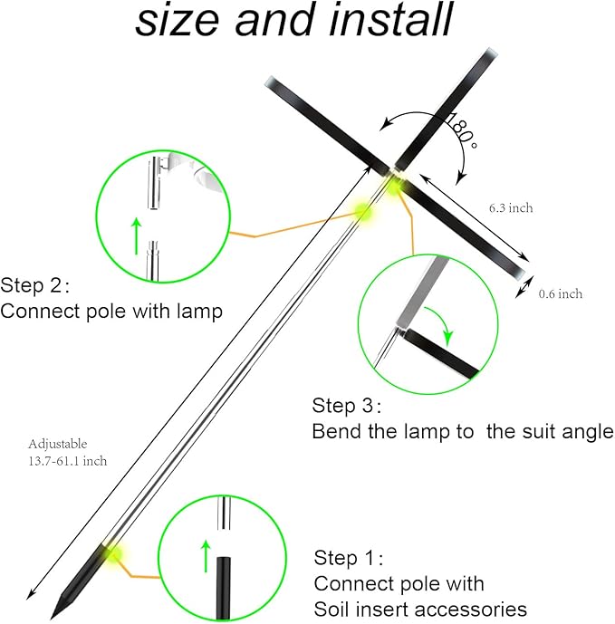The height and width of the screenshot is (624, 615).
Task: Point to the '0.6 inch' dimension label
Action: click(561, 293)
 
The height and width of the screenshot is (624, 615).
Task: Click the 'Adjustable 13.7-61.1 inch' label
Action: click(67, 452)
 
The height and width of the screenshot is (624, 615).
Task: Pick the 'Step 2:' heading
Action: click(34, 286)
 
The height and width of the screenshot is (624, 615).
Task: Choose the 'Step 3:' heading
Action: click(347, 405)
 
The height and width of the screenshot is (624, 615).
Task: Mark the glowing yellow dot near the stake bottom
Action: click(116, 552)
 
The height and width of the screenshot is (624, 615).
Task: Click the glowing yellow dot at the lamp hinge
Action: click(396, 184)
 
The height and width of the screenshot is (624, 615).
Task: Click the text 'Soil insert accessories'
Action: click(420, 608)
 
